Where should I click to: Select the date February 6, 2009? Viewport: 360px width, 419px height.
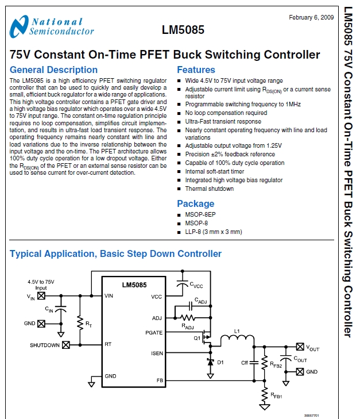pyautogui.click(x=311, y=17)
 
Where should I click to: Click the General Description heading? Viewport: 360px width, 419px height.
pyautogui.click(x=54, y=70)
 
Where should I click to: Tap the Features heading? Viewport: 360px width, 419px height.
pyautogui.click(x=196, y=70)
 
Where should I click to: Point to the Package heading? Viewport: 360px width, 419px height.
pyautogui.click(x=195, y=203)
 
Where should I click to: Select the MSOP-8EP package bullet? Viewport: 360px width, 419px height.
pyautogui.click(x=200, y=215)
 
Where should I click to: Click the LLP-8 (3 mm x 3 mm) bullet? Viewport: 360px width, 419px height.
pyautogui.click(x=213, y=232)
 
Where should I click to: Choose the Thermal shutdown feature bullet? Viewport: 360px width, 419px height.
pyautogui.click(x=209, y=189)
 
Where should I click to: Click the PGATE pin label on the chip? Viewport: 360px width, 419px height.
pyautogui.click(x=154, y=332)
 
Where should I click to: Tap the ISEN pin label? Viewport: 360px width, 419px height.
pyautogui.click(x=157, y=352)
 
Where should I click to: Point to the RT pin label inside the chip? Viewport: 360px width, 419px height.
pyautogui.click(x=108, y=345)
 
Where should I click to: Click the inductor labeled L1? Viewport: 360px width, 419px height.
pyautogui.click(x=237, y=342)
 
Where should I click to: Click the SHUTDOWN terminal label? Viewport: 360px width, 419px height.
pyautogui.click(x=45, y=345)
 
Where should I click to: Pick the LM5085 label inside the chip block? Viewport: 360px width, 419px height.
pyautogui.click(x=134, y=285)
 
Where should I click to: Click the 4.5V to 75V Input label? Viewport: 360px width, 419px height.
pyautogui.click(x=41, y=285)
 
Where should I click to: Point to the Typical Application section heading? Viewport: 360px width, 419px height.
pyautogui.click(x=115, y=253)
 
